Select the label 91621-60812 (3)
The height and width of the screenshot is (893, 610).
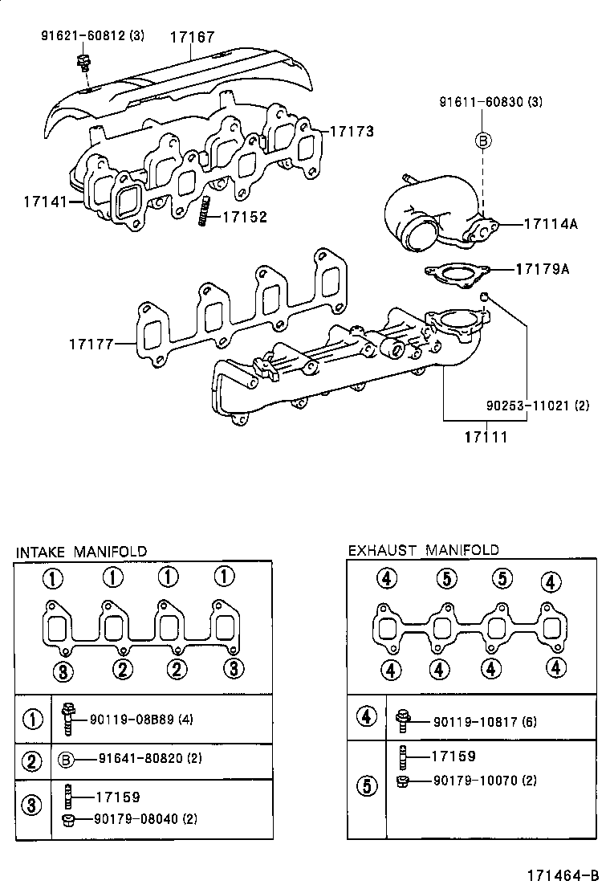93,36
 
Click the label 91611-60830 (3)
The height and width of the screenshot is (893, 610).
490,102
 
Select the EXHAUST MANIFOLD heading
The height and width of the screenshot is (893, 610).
423,550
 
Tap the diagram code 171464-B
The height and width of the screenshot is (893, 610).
563,875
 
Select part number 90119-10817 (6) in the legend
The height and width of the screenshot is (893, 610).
485,721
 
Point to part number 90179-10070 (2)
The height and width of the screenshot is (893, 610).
485,780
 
